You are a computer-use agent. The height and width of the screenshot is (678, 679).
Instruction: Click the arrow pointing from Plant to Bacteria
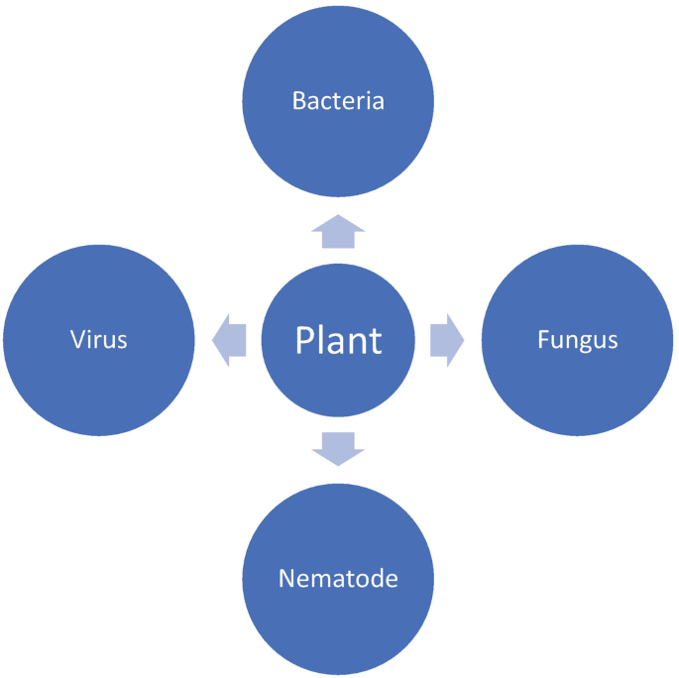pyautogui.click(x=338, y=232)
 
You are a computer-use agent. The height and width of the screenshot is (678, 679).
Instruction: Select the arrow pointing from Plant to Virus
pyautogui.click(x=230, y=340)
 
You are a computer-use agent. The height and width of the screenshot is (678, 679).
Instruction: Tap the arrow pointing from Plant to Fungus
pyautogui.click(x=447, y=340)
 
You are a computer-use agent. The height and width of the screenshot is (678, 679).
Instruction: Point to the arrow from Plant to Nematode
pyautogui.click(x=338, y=448)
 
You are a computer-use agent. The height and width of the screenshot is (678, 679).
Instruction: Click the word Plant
pyautogui.click(x=338, y=340)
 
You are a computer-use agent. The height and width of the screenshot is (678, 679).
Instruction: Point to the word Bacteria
pyautogui.click(x=338, y=101)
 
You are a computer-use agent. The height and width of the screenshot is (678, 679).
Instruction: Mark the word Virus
pyautogui.click(x=99, y=340)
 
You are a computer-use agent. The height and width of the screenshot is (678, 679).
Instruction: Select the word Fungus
pyautogui.click(x=577, y=341)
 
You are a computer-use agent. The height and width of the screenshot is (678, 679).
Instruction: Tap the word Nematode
pyautogui.click(x=338, y=578)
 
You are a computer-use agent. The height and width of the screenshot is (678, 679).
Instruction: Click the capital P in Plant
pyautogui.click(x=305, y=340)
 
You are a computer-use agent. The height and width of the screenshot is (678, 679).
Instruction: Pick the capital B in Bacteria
pyautogui.click(x=298, y=101)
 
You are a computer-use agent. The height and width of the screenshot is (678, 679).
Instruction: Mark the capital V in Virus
pyautogui.click(x=77, y=340)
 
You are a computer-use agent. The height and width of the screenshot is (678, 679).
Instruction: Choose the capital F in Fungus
pyautogui.click(x=543, y=340)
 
